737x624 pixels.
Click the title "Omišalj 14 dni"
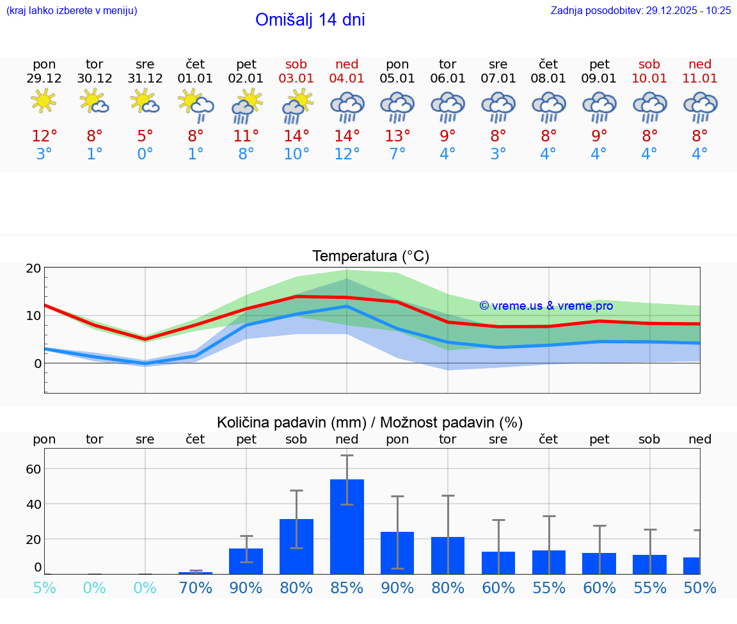point(310,20)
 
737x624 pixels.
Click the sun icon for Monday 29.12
point(44,101)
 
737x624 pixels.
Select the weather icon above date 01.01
point(196,104)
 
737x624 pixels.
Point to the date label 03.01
point(296,78)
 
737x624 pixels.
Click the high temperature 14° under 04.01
point(347,136)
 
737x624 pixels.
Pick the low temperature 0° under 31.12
point(145,154)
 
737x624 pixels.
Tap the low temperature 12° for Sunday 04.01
point(347,154)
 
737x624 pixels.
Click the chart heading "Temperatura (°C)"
point(370,257)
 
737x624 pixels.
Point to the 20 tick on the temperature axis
point(34,268)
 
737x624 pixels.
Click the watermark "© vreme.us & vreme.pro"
point(546,306)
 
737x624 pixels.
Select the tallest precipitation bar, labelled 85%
point(347,526)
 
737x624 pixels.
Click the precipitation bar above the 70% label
point(196,573)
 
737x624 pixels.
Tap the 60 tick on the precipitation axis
point(34,468)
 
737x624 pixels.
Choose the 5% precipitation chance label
point(44,588)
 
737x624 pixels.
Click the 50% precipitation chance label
point(700,588)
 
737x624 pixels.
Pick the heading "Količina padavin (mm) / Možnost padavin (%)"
point(370,422)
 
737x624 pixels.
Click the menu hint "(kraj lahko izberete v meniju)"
point(72,10)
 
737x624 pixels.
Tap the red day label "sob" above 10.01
point(649,64)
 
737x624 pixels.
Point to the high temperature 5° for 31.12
point(145,136)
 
